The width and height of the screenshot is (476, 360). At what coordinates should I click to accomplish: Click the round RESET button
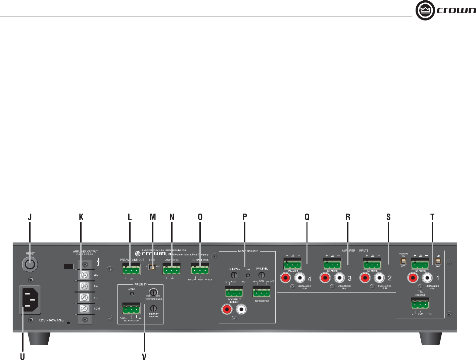point(30,265)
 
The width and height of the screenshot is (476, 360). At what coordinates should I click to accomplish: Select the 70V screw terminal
point(85,275)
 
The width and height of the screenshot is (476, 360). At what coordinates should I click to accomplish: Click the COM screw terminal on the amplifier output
point(85,308)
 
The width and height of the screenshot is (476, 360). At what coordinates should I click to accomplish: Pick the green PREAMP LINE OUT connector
point(131,270)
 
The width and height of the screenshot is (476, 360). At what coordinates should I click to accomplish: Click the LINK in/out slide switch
point(152,267)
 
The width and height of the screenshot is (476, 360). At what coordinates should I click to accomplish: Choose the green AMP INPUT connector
point(172,270)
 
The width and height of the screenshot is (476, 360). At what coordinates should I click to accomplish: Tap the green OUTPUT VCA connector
point(200,270)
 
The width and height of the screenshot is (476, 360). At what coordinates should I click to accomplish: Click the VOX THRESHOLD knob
point(153,292)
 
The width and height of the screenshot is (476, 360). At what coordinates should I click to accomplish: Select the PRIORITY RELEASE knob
point(153,308)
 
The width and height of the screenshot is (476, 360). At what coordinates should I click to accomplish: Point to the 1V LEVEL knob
point(234,275)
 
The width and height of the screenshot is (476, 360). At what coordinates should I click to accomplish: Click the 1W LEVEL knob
point(262,275)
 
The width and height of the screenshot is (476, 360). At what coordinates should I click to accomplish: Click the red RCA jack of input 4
point(286,278)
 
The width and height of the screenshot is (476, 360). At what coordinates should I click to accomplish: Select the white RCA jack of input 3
point(340,278)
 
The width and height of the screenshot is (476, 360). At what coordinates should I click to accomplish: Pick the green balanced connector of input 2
point(372,264)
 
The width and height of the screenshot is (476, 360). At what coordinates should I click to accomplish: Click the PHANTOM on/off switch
point(403,261)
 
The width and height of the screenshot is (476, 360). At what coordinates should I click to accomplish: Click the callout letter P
point(245,217)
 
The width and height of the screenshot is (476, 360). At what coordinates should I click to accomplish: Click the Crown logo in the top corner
point(445,10)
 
